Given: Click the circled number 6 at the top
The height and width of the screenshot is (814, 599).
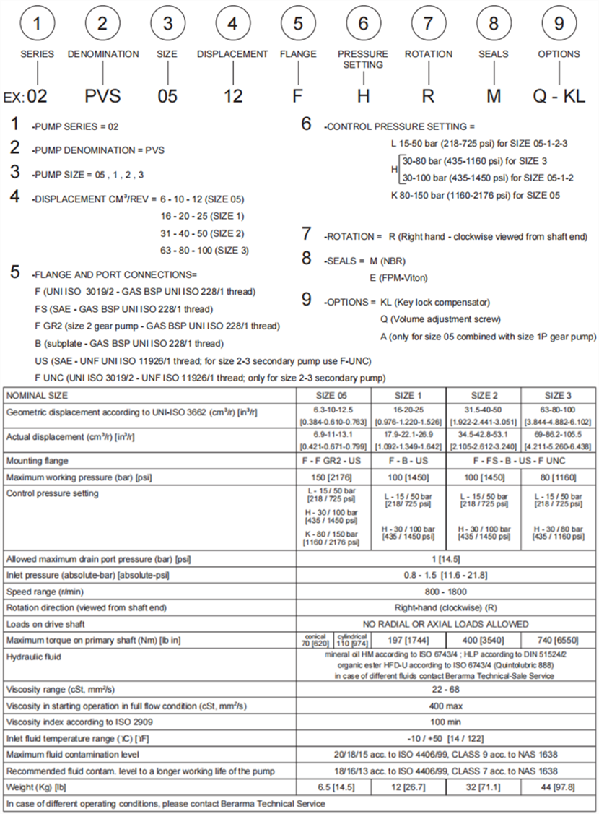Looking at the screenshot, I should tap(363, 23).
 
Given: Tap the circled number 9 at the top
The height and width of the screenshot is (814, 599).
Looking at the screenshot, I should tap(559, 23).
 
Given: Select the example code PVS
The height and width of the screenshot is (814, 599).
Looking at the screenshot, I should tap(103, 95).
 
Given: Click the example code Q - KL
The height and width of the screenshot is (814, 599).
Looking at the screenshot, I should tap(559, 95).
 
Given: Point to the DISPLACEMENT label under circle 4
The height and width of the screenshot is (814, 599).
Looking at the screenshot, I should tap(232, 54).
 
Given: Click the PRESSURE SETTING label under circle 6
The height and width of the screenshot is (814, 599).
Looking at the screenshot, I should tap(363, 59).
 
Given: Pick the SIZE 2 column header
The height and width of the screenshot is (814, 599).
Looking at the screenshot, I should tap(484, 395).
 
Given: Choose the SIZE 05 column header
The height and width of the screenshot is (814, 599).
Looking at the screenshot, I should tap(333, 395).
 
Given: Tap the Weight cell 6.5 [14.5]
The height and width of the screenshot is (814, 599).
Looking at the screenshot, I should tap(333, 787).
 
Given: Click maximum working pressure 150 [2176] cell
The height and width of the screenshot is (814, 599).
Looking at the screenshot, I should tap(333, 477).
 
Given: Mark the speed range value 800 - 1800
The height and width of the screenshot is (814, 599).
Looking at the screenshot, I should tap(446, 591).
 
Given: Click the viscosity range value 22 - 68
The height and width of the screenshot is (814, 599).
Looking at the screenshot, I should tap(446, 690).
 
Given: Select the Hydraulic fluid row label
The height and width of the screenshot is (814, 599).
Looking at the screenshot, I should tap(34, 657).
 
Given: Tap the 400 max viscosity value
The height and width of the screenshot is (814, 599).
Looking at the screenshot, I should tap(446, 706).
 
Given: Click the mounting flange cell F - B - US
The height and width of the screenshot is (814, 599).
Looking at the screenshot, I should tap(408, 460).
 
